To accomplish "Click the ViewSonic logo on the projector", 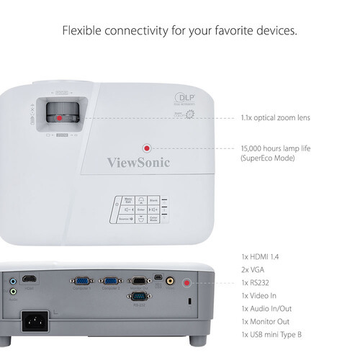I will click(x=138, y=162).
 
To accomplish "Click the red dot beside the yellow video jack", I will click(x=189, y=283).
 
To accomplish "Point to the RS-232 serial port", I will click(x=140, y=296).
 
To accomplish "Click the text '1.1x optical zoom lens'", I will click(x=276, y=117).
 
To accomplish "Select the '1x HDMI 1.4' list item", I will click(x=262, y=256).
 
